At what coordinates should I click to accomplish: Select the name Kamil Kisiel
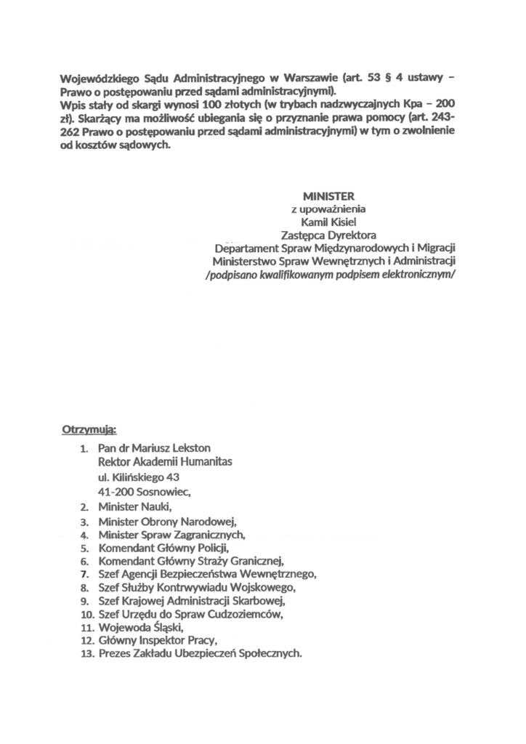click(x=331, y=222)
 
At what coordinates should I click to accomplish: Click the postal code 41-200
click(x=116, y=490)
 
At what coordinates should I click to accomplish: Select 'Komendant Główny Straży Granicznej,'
click(x=190, y=560)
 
